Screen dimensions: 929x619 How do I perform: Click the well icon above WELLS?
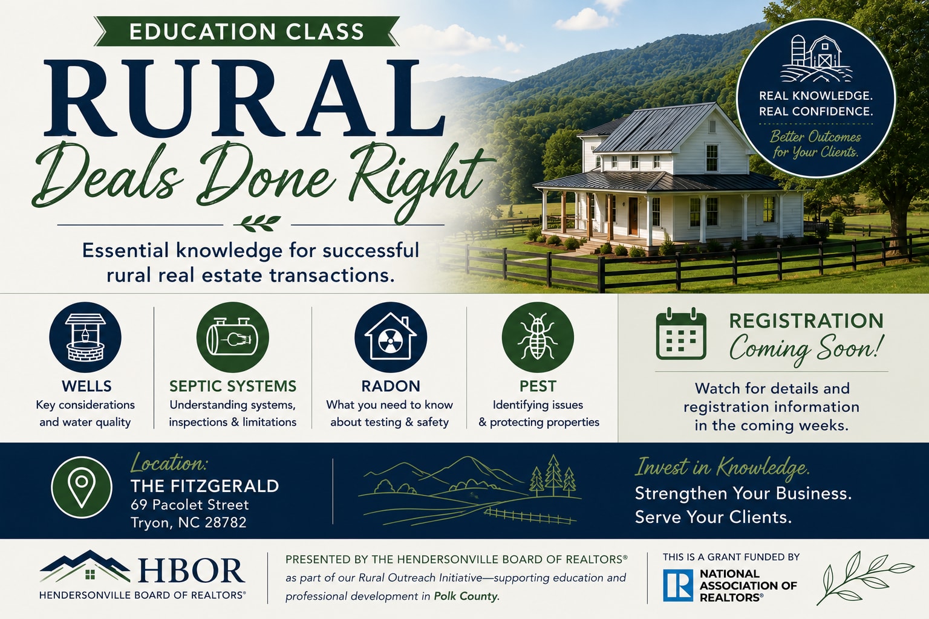coord(85,337)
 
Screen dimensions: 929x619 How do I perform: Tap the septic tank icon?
coord(232,337)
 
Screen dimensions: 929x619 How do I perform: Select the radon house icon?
coord(390,337)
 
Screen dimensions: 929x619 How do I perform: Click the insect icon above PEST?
coord(538,337)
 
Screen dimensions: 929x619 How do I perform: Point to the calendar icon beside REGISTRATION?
coord(681,334)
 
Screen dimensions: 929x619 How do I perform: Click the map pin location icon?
coord(82,488)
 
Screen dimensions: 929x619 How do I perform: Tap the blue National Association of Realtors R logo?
coord(677,585)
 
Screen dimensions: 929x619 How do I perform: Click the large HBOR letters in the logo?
coord(191,571)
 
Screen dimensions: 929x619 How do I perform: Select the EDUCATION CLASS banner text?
coord(246,31)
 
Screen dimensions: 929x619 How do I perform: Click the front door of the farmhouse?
coord(633,216)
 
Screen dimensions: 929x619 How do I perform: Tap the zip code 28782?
coord(226,522)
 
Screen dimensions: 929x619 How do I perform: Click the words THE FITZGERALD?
coord(205,486)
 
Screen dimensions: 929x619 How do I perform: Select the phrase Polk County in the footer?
coord(465,596)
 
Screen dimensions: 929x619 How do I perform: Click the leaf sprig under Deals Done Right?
coord(257,223)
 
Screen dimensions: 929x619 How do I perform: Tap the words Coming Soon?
coord(806,349)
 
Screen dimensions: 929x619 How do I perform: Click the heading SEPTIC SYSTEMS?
coord(233,386)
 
